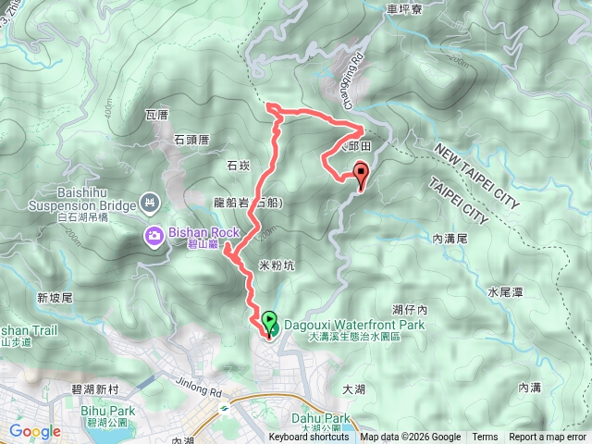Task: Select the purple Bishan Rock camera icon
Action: point(154,236)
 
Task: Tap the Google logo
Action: point(34,431)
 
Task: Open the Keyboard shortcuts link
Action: point(309,438)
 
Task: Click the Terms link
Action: point(485,438)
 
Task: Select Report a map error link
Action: point(548,438)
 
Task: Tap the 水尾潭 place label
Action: point(505,292)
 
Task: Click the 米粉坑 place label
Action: point(276,265)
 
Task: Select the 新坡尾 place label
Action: point(55,298)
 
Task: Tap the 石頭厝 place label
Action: point(192,139)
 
